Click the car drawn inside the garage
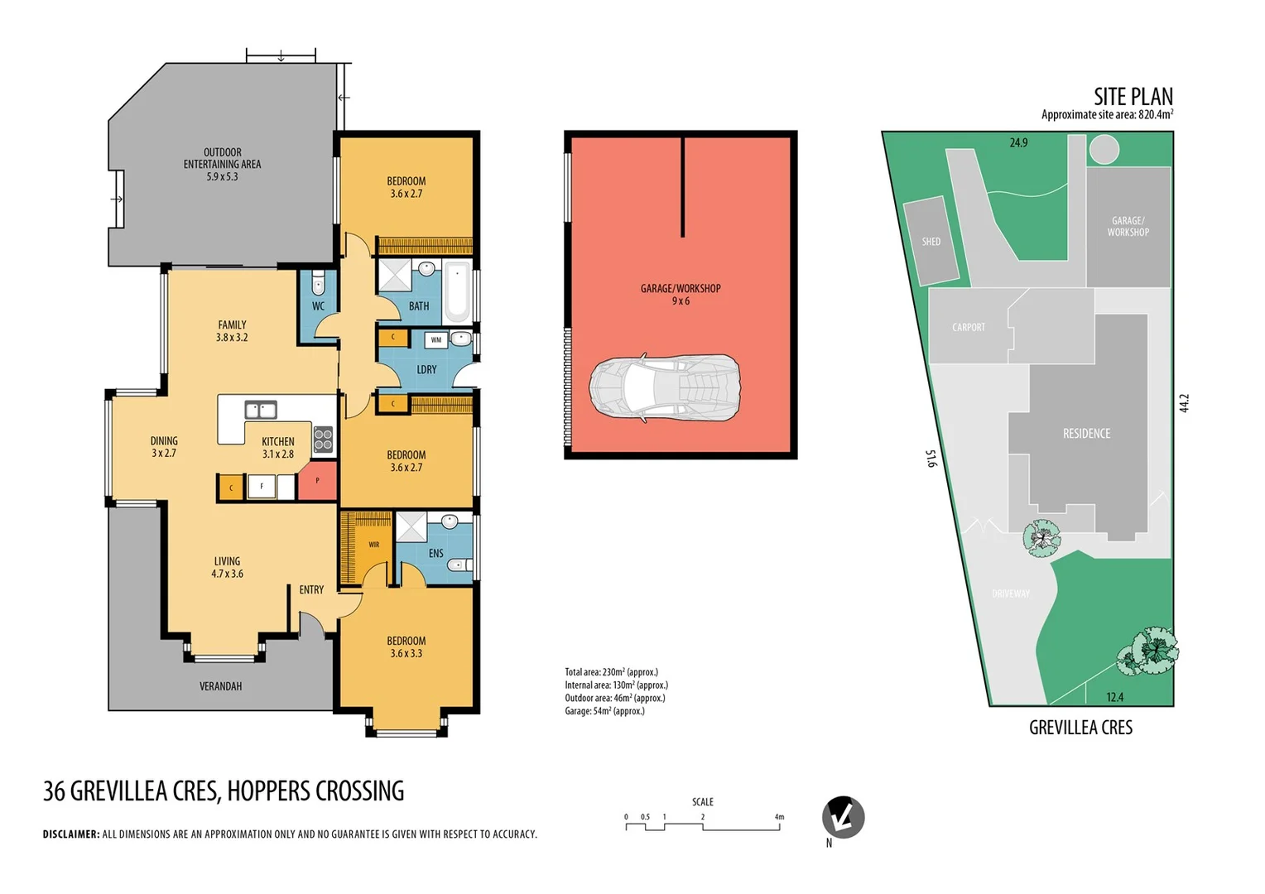(x=664, y=388)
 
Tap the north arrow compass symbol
(x=843, y=818)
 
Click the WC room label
(x=318, y=306)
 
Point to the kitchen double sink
(x=260, y=410)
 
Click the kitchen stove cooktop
(x=323, y=439)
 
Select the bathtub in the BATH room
(x=457, y=291)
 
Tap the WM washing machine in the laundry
(x=436, y=339)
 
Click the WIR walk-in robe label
(x=374, y=545)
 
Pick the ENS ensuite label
(x=435, y=554)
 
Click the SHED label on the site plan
(x=931, y=242)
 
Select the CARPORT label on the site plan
(x=969, y=328)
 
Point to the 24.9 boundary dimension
(x=1018, y=143)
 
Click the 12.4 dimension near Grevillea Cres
(x=1115, y=697)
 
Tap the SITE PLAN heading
(x=1133, y=97)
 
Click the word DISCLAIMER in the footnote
(x=71, y=834)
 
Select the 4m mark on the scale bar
(x=779, y=817)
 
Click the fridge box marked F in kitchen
(x=262, y=487)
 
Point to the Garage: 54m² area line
(x=604, y=711)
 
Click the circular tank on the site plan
(x=1104, y=150)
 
